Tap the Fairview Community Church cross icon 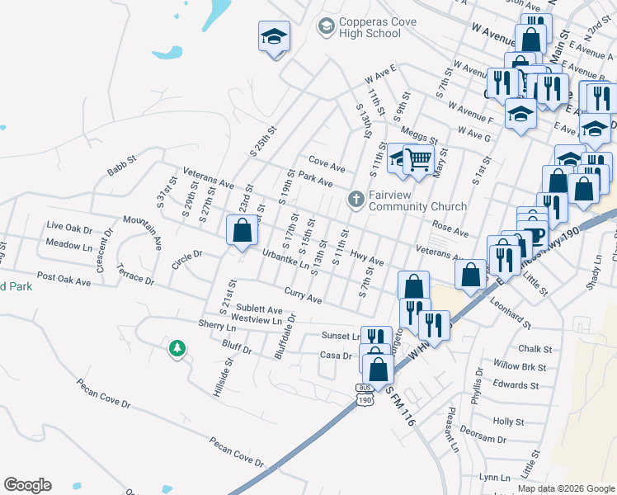[x=356, y=198]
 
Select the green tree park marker [x=176, y=349]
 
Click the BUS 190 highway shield [x=365, y=394]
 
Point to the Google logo [x=27, y=485]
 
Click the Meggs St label [x=419, y=135]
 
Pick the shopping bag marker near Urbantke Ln [x=242, y=230]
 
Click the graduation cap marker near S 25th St [x=274, y=37]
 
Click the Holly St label [x=509, y=421]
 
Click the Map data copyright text [x=565, y=488]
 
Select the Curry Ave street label [x=303, y=295]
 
